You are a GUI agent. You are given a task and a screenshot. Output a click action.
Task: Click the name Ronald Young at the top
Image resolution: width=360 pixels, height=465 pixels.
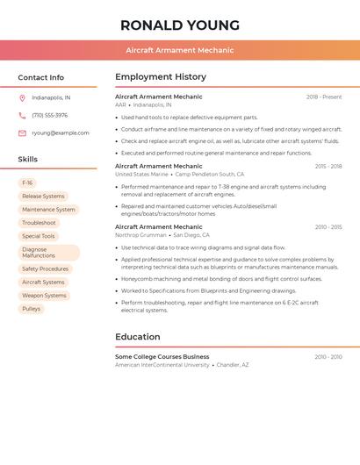tap(180, 25)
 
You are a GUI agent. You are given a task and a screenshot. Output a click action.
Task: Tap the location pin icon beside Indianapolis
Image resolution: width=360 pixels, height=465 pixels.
tap(22, 97)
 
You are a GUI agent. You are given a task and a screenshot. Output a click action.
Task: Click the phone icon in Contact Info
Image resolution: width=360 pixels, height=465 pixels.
tap(22, 115)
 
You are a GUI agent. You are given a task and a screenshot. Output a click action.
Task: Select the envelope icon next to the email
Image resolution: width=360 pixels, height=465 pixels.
tap(22, 133)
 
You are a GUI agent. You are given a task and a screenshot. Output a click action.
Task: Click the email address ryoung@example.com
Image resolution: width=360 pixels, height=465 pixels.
tap(61, 133)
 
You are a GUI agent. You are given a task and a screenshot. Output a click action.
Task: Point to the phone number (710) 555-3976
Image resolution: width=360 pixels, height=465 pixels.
tap(50, 115)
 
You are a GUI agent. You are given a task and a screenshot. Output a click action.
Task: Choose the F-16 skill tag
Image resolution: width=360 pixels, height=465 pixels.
tap(27, 183)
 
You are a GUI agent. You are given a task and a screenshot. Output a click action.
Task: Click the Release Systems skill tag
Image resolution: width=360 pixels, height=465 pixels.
tap(43, 197)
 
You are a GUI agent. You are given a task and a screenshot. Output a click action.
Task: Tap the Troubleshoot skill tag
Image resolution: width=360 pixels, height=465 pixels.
tap(39, 223)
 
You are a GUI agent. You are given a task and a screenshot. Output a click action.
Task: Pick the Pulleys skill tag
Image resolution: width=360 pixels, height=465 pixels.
tap(32, 309)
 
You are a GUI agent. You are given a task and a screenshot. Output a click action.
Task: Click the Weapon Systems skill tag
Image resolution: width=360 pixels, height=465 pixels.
tap(44, 296)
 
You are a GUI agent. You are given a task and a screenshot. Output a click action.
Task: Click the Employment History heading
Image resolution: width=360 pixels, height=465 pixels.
tap(161, 77)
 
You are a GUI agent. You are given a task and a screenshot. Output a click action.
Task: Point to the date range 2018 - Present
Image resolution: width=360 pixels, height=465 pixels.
tap(324, 97)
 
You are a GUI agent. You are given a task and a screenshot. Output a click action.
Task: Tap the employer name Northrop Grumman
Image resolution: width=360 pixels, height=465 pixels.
tap(140, 235)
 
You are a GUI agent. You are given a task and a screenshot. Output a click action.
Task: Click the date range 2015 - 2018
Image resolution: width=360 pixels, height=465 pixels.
tap(328, 166)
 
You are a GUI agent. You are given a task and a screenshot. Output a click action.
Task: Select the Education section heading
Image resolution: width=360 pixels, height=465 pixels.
tap(138, 337)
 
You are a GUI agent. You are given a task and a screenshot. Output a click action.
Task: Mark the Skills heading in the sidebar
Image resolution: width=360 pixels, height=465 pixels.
tap(28, 160)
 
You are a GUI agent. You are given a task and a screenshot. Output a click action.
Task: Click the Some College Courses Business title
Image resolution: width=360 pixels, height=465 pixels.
tap(162, 357)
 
